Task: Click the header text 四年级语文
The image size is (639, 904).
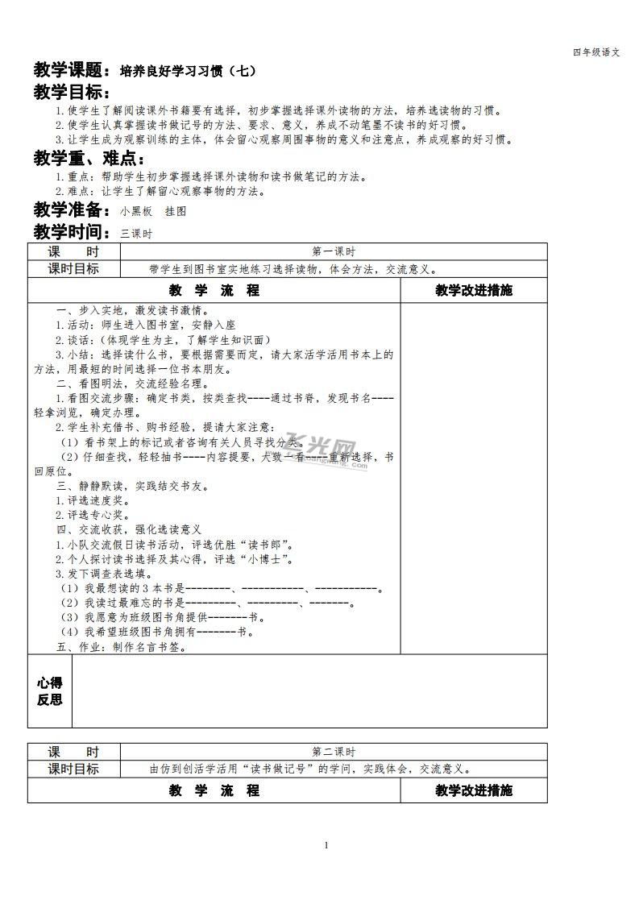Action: tap(595, 52)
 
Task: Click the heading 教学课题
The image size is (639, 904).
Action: tap(71, 70)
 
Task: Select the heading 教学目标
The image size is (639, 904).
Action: tap(71, 93)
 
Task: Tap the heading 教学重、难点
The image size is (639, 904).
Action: tap(89, 159)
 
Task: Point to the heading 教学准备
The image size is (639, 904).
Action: tap(71, 210)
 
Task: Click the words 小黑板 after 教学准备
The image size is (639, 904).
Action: tap(135, 212)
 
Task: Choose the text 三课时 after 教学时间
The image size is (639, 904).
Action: tap(135, 234)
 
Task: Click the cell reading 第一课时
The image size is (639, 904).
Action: tap(333, 251)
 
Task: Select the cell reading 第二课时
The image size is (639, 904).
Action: tap(333, 751)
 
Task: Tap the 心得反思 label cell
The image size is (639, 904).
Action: tap(50, 691)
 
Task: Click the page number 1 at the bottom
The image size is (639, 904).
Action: tap(326, 845)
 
